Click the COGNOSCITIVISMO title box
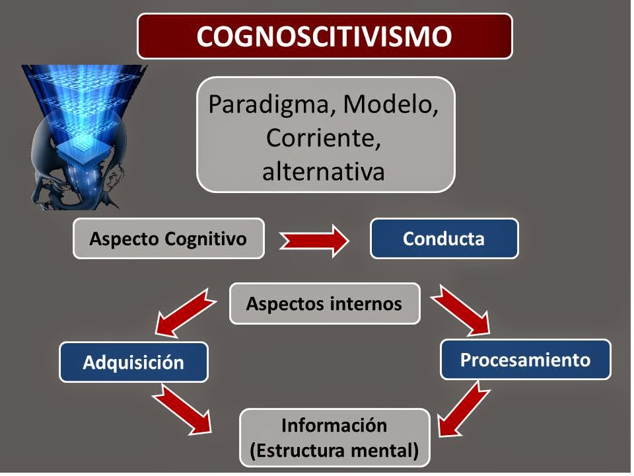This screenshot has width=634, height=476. (324, 36)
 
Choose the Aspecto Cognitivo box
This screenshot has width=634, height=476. (168, 238)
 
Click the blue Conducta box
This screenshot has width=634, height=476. (444, 238)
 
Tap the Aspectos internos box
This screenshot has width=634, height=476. (324, 303)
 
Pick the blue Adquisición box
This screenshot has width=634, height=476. (133, 362)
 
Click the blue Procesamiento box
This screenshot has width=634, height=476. (525, 360)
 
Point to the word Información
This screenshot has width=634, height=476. (334, 424)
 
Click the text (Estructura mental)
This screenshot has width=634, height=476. (334, 452)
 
